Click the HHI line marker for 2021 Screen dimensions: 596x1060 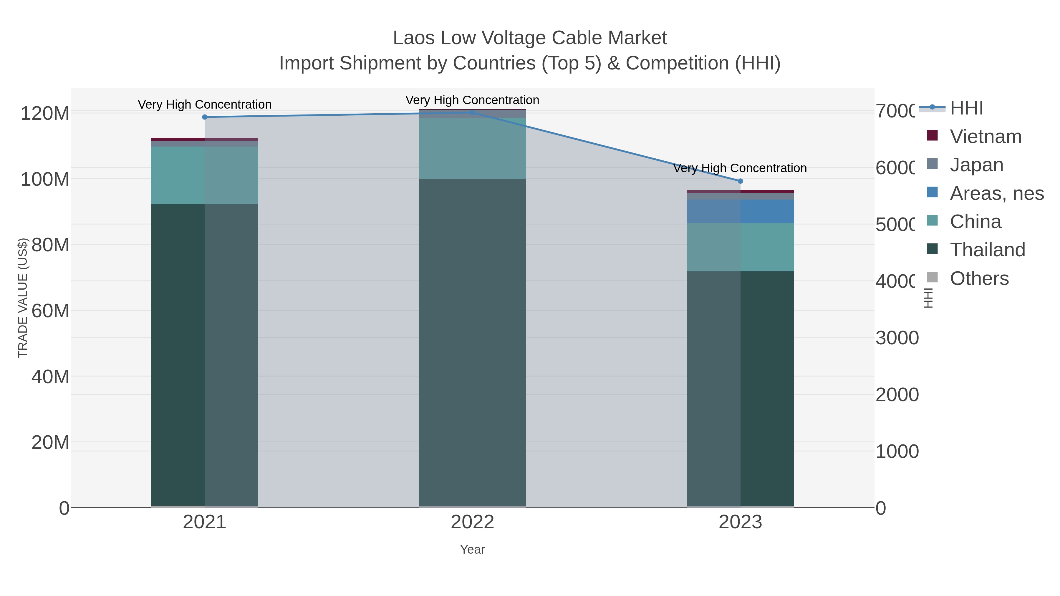(x=205, y=117)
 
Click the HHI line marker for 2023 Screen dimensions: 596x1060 (x=740, y=181)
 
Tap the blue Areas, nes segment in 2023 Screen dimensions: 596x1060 (x=740, y=211)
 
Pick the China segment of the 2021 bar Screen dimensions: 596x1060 (x=205, y=175)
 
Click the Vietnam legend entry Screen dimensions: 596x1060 (x=986, y=137)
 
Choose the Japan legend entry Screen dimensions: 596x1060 (x=976, y=165)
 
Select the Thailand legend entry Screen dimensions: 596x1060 (x=987, y=250)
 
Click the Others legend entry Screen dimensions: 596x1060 (x=979, y=278)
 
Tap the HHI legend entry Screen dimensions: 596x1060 (x=966, y=108)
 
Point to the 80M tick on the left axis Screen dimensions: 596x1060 (x=50, y=245)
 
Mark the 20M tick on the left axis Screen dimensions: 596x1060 (x=50, y=443)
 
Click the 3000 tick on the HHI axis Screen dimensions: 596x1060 (x=897, y=338)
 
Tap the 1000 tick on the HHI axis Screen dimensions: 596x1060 (x=897, y=451)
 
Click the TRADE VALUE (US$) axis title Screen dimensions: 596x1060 (x=23, y=298)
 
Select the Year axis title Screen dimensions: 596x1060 (x=472, y=549)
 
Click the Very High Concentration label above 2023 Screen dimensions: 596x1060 (x=740, y=168)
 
